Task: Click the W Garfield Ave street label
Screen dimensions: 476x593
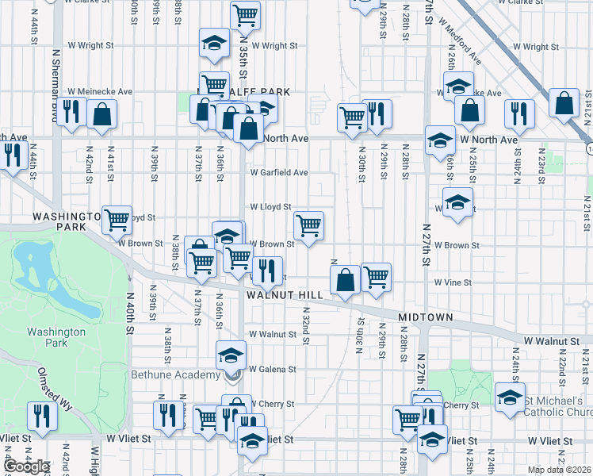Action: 278,172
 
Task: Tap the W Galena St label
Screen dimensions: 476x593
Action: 272,369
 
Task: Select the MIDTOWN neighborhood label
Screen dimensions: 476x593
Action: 425,317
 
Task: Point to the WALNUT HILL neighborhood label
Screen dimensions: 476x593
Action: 285,295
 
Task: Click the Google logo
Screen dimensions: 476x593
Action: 25,466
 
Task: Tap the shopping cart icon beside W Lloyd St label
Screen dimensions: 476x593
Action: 308,225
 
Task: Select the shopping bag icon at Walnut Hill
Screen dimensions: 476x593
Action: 346,279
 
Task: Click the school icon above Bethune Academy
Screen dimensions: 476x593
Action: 231,353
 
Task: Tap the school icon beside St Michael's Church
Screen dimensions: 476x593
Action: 510,397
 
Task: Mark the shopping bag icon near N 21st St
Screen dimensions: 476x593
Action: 564,103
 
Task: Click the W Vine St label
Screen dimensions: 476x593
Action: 452,282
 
